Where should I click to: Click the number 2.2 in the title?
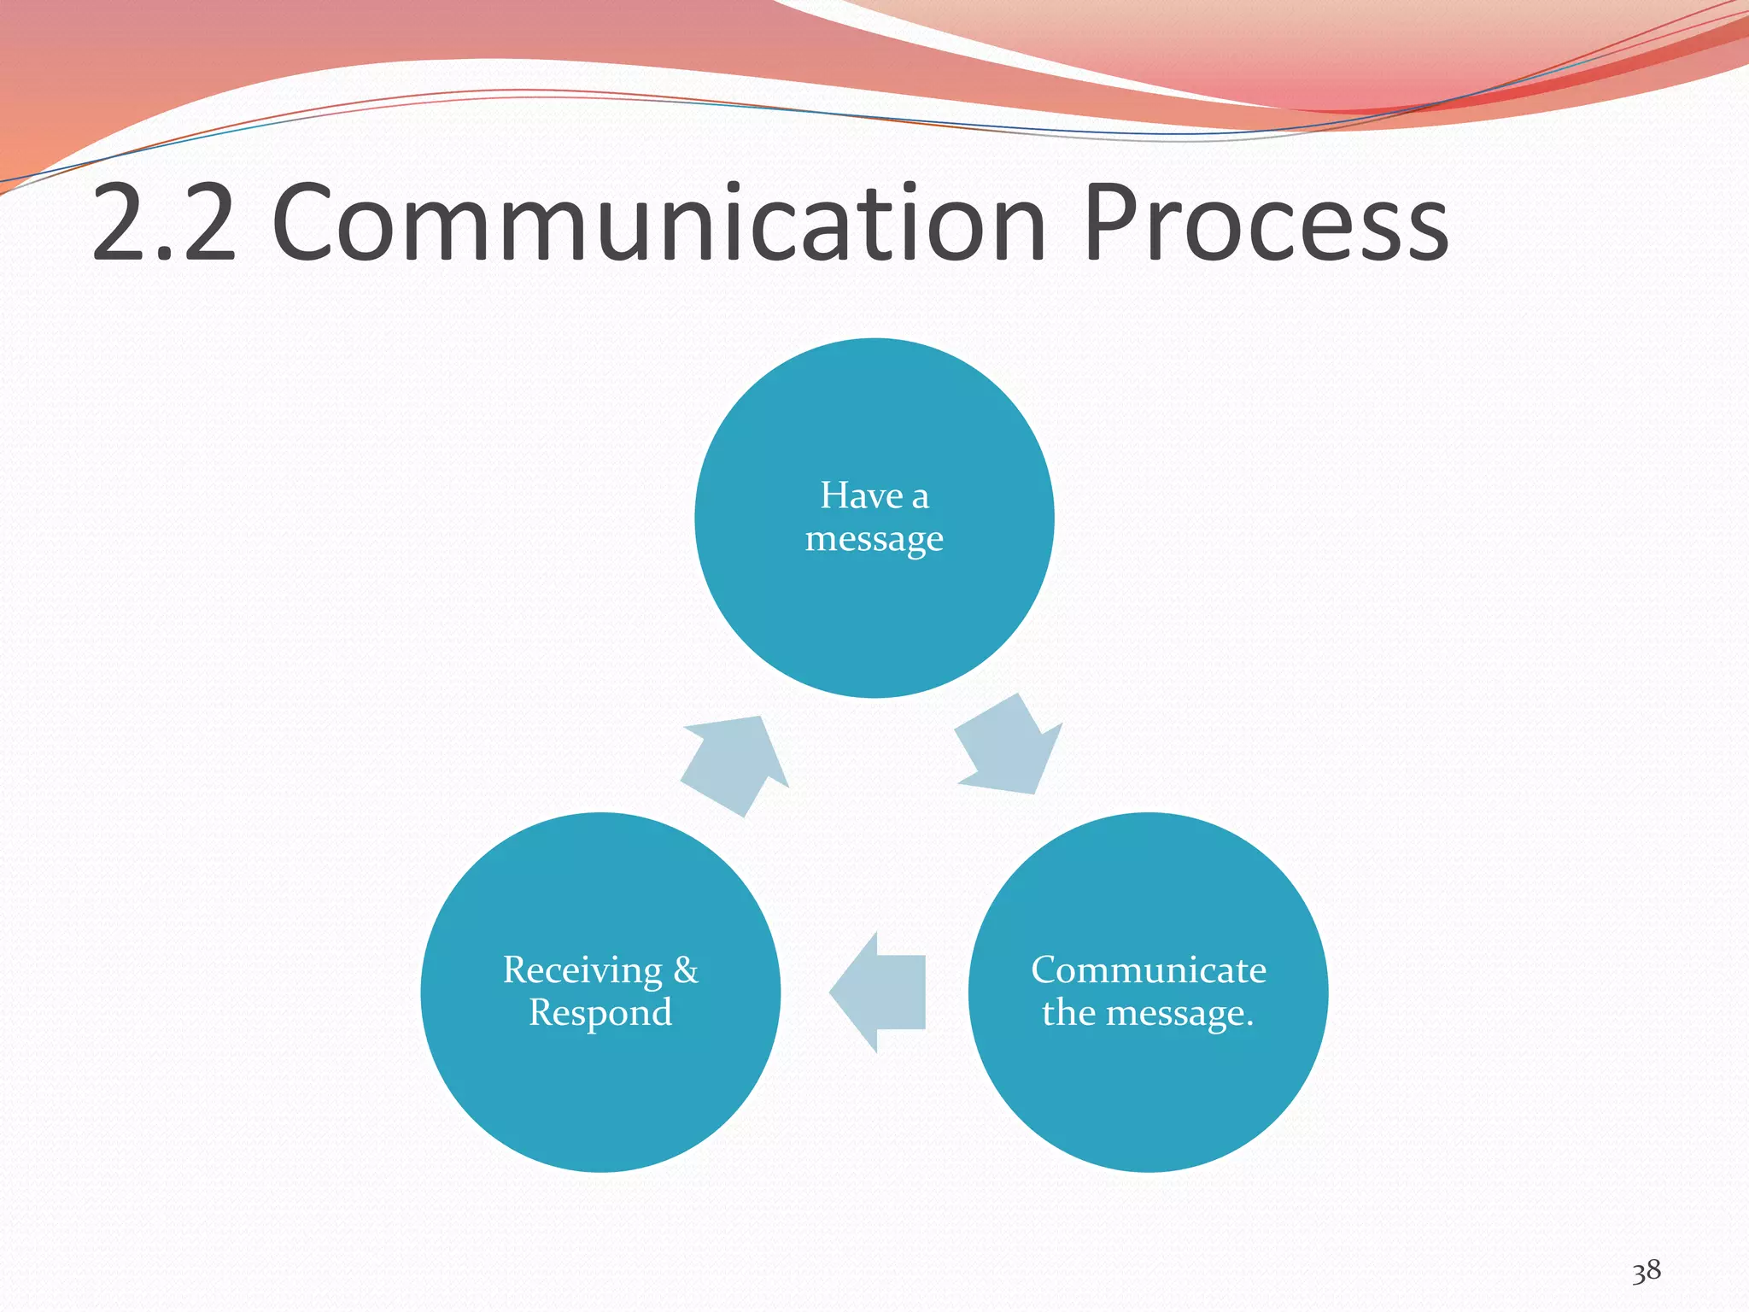[162, 224]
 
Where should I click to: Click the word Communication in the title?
[658, 224]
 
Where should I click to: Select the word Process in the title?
[1265, 224]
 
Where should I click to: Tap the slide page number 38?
[1646, 1271]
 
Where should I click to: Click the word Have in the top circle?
[861, 495]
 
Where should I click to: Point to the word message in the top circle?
[874, 539]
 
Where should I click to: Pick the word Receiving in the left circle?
[582, 970]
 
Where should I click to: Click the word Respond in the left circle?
[600, 1013]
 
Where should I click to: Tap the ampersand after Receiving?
[685, 970]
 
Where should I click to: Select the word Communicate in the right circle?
[1148, 970]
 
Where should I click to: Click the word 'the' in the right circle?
[1068, 1013]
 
